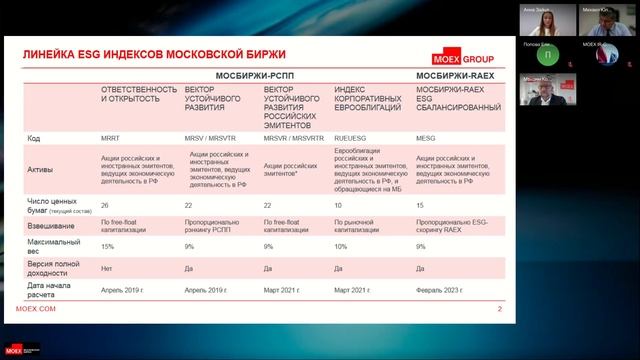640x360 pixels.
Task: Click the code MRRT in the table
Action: tap(112, 137)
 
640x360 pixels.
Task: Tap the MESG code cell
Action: tap(425, 137)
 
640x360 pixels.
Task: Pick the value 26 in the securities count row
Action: tap(105, 205)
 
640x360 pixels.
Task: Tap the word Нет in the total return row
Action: tap(106, 269)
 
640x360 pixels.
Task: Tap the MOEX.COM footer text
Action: tap(38, 310)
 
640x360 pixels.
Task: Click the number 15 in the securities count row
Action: tap(420, 205)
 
